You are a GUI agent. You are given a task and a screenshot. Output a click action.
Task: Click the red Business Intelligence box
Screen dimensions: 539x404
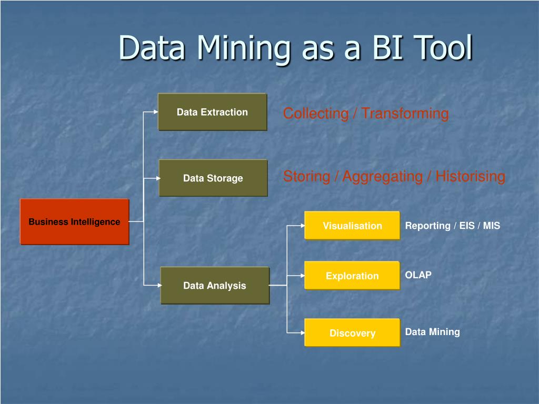click(75, 221)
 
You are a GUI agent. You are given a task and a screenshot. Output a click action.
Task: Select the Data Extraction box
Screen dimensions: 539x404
click(213, 112)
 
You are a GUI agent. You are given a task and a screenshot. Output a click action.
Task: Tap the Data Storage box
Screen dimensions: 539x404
click(213, 178)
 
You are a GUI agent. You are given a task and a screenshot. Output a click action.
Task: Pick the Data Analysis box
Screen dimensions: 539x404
click(215, 286)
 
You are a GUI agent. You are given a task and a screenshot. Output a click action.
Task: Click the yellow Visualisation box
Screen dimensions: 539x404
click(352, 225)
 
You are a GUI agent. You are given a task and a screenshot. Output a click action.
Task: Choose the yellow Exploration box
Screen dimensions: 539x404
click(352, 276)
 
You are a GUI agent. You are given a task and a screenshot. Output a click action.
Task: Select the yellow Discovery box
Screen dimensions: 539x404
click(352, 332)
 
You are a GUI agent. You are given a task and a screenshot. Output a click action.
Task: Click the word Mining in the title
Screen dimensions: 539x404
click(244, 48)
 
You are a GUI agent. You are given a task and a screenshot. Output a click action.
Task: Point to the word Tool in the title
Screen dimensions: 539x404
click(443, 47)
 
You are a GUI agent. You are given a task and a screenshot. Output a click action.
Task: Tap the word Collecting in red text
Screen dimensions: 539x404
click(316, 114)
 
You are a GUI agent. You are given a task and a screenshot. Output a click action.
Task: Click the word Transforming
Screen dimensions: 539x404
click(405, 114)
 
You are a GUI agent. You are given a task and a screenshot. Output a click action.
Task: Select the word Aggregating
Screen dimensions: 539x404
click(383, 177)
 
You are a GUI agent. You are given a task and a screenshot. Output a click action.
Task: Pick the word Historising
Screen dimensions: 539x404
click(470, 176)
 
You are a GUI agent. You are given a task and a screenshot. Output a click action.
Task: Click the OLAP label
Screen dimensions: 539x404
click(418, 275)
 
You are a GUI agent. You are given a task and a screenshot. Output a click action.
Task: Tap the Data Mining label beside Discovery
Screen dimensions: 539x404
click(433, 332)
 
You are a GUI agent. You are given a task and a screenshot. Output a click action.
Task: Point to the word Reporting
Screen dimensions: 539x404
click(427, 226)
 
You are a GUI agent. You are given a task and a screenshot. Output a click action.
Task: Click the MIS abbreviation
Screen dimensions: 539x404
click(492, 226)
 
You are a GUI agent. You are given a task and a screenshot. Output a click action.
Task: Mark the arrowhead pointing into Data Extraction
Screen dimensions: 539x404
click(156, 112)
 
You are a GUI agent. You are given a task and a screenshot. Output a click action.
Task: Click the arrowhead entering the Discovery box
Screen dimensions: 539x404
click(303, 332)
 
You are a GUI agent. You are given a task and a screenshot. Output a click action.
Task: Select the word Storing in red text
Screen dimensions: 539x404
click(307, 177)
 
